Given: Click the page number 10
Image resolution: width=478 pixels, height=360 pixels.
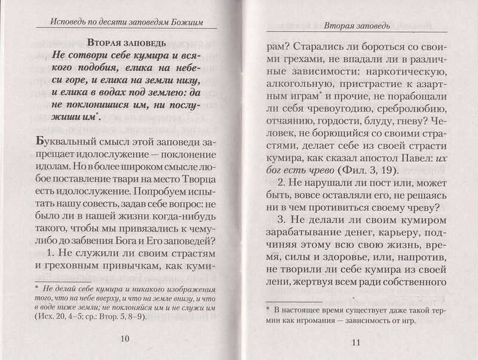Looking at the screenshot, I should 125,340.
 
